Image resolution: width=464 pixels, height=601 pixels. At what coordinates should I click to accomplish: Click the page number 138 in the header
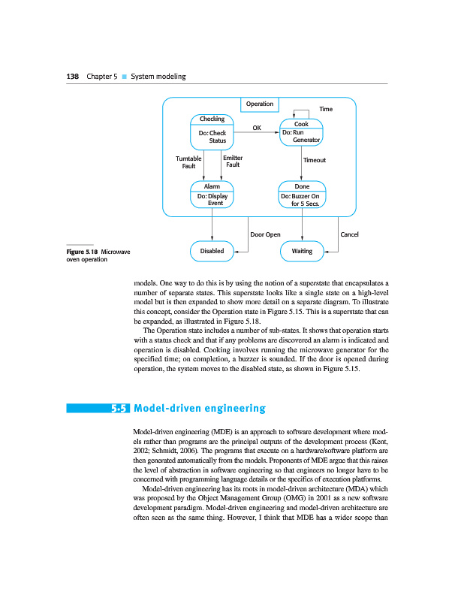pyautogui.click(x=72, y=77)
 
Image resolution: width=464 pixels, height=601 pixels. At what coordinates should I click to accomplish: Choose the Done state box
pyautogui.click(x=302, y=195)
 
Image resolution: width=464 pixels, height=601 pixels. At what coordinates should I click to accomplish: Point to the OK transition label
pyautogui.click(x=256, y=128)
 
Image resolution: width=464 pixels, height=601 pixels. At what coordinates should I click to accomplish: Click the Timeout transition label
pyautogui.click(x=314, y=160)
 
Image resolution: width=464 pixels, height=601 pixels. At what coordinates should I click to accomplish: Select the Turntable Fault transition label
pyautogui.click(x=188, y=162)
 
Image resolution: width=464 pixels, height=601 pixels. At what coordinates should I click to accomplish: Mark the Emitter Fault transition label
pyautogui.click(x=233, y=161)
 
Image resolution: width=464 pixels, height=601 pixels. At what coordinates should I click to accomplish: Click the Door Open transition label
pyautogui.click(x=265, y=234)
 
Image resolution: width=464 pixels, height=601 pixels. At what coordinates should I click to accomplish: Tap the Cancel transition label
pyautogui.click(x=349, y=234)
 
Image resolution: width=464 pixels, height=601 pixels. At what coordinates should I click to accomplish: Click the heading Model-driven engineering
pyautogui.click(x=199, y=409)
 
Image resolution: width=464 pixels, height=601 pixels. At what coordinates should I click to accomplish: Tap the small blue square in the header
pyautogui.click(x=124, y=77)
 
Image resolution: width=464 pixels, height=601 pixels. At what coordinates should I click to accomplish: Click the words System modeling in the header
pyautogui.click(x=158, y=77)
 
